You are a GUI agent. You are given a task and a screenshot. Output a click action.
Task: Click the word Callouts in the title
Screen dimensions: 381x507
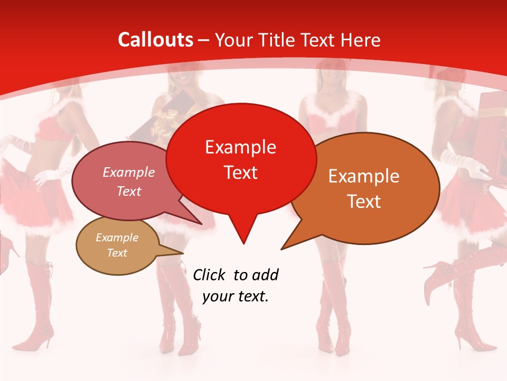tap(155, 40)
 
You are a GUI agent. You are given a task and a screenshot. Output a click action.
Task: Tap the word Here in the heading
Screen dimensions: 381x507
tap(361, 40)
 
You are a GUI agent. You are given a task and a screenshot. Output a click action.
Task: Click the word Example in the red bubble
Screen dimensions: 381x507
tap(240, 147)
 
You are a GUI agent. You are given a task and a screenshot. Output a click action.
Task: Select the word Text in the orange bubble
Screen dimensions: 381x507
tap(364, 202)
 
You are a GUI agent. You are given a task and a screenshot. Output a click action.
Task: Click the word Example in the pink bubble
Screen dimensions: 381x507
tap(129, 173)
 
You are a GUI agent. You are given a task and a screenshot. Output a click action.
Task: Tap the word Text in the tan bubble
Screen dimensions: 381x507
tap(117, 253)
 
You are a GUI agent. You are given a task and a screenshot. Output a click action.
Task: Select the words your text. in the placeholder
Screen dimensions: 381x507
tap(236, 296)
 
